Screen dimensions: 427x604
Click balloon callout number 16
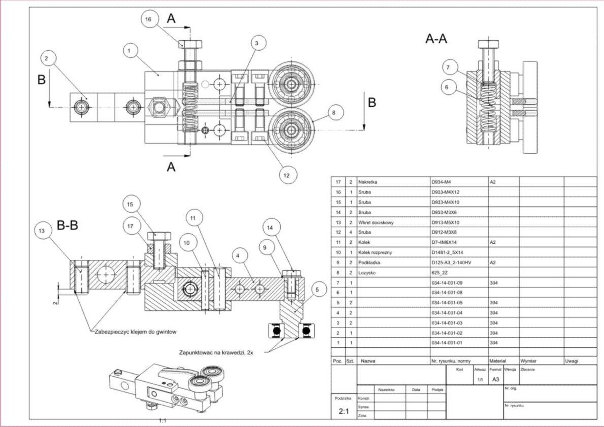[x=148, y=19]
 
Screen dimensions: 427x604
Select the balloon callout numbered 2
[x=46, y=59]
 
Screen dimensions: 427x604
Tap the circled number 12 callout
[x=286, y=175]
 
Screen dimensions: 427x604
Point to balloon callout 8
[x=333, y=113]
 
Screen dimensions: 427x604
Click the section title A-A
[x=436, y=39]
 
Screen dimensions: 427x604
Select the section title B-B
[x=67, y=225]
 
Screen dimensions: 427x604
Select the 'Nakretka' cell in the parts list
[x=368, y=182]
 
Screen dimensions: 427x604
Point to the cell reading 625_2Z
[x=439, y=273]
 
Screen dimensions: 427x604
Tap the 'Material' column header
[x=498, y=361]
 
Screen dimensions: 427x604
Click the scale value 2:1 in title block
[x=344, y=411]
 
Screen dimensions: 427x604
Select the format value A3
[x=495, y=380]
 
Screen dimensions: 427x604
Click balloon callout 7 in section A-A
[x=447, y=67]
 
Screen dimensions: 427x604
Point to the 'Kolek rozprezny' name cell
[x=376, y=252]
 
